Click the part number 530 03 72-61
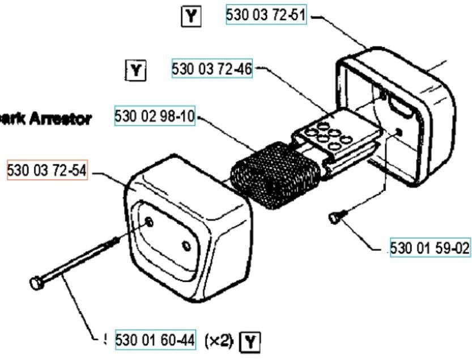[266, 15]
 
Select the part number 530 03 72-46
[212, 69]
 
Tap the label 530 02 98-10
[155, 116]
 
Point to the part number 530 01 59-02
[430, 248]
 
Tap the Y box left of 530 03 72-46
[136, 71]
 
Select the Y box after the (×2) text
[250, 341]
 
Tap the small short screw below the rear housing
[334, 217]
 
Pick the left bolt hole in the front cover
[150, 222]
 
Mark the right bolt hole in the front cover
[186, 245]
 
